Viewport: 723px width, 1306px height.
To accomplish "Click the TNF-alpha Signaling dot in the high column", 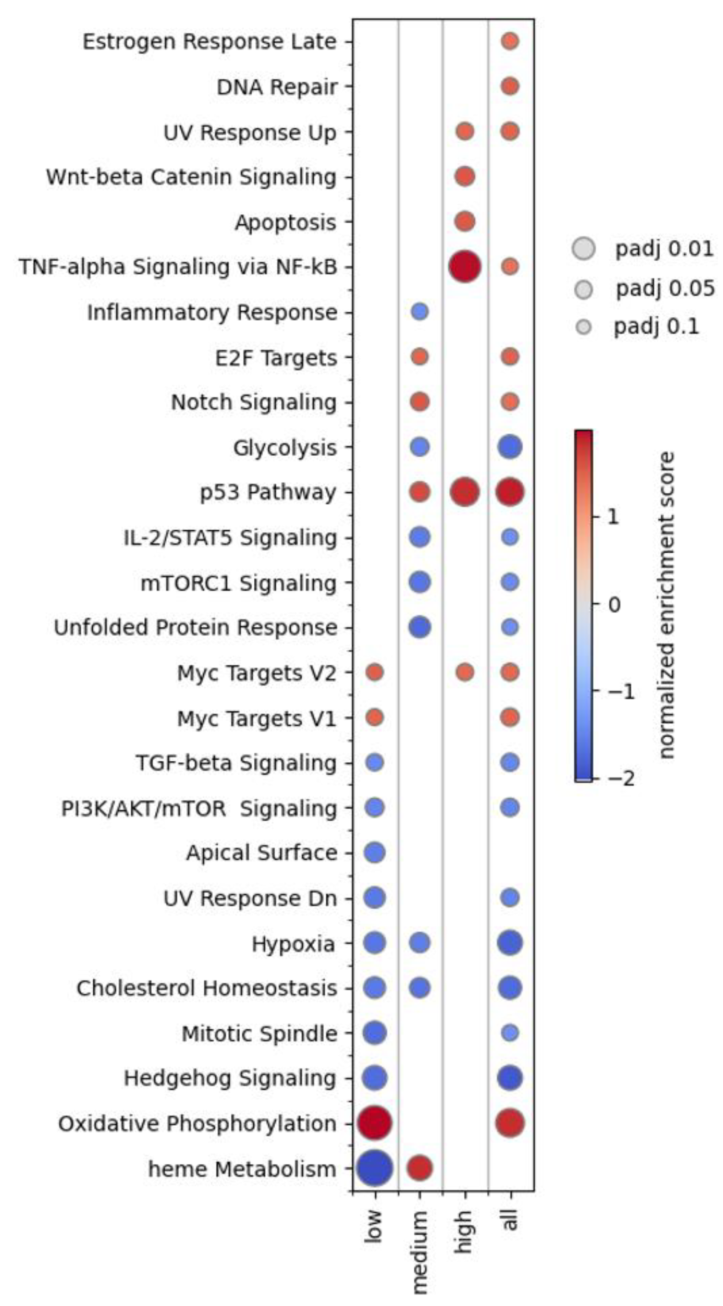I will point(464,267).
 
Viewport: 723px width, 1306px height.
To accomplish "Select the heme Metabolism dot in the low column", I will point(375,1169).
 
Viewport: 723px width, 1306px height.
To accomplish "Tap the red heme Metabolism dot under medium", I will point(420,1169).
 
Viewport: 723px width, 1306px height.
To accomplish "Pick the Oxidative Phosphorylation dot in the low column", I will point(375,1124).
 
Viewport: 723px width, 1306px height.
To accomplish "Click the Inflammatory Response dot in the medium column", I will point(420,312).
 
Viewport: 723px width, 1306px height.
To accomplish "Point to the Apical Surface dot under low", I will point(375,853).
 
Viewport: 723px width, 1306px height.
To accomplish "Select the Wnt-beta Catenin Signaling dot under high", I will point(464,177).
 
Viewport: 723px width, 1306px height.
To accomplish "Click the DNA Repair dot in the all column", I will point(510,87).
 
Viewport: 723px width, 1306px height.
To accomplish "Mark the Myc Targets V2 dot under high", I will point(464,673).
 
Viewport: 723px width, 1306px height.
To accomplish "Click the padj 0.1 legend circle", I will point(584,327).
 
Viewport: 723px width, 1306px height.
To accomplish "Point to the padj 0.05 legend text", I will point(665,288).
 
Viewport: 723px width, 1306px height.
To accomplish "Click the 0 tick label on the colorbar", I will point(613,604).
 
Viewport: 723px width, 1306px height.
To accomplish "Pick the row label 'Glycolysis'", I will point(285,448).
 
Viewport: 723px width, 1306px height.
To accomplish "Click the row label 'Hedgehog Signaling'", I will point(230,1078).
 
